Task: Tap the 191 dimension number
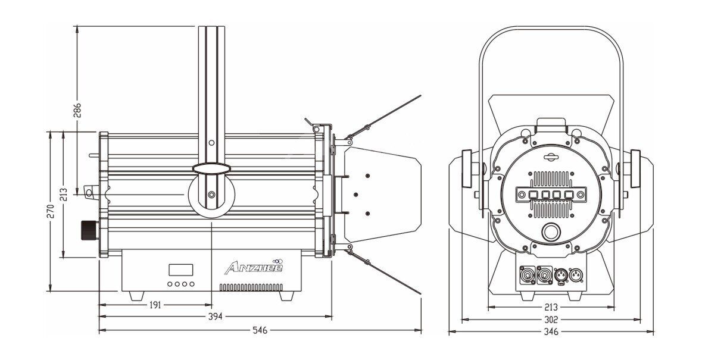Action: pyautogui.click(x=155, y=305)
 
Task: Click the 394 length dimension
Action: pyautogui.click(x=215, y=317)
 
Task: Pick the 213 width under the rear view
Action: pyautogui.click(x=551, y=308)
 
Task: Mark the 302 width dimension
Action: pyautogui.click(x=551, y=320)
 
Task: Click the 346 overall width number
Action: pyautogui.click(x=551, y=331)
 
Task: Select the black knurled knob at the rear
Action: pyautogui.click(x=89, y=228)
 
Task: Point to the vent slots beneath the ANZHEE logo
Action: pyautogui.click(x=251, y=287)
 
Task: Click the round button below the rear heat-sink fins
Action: pyautogui.click(x=551, y=233)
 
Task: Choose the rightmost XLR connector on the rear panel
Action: pyautogui.click(x=577, y=276)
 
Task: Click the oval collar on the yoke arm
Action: pyautogui.click(x=211, y=168)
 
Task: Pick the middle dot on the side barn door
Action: pyautogui.click(x=356, y=194)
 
